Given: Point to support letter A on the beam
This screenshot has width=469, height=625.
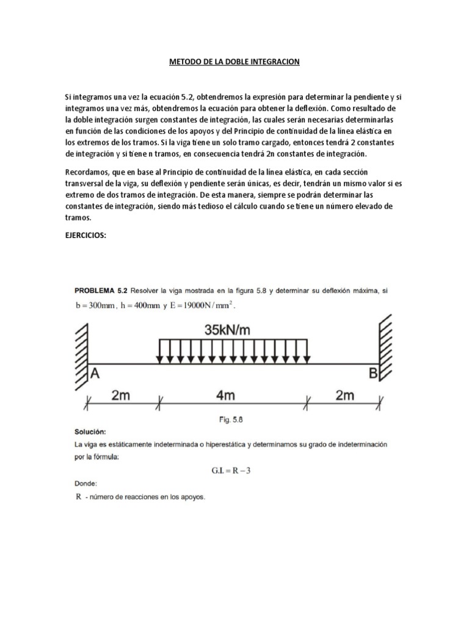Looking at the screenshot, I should [x=95, y=374].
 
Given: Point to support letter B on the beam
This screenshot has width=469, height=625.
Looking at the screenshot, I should [x=373, y=374].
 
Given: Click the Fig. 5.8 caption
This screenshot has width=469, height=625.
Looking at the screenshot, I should [x=234, y=419].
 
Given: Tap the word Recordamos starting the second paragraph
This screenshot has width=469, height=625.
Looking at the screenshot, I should [x=87, y=173].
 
